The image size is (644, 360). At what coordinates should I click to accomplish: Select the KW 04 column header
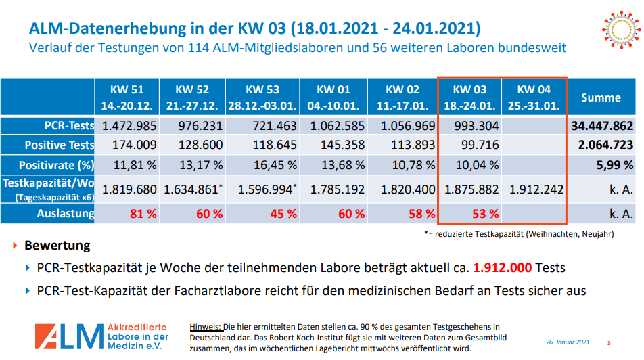point(534,97)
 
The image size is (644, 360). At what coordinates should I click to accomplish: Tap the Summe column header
point(601,97)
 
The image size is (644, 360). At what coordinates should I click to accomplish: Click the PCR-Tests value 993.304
point(471,126)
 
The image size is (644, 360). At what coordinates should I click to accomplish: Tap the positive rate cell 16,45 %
point(262,164)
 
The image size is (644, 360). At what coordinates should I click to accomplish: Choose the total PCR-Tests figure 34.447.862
point(601,126)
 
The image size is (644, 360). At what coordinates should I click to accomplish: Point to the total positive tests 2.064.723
point(601,145)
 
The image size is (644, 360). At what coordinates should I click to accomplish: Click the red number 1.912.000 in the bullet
point(503,267)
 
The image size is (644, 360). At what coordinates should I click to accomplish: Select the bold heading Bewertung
point(57,245)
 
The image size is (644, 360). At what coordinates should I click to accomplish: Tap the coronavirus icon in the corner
point(619,28)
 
